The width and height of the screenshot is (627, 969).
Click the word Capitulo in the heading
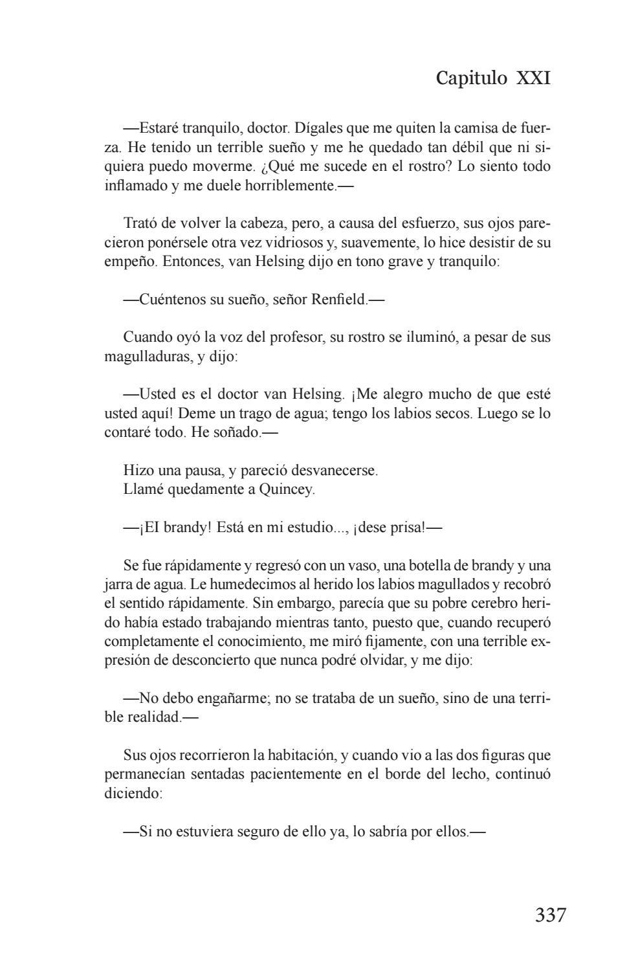(472, 78)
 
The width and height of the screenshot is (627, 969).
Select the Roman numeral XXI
(533, 78)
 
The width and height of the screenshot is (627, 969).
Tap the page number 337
(551, 915)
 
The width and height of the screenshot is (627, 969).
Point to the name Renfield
(338, 300)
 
